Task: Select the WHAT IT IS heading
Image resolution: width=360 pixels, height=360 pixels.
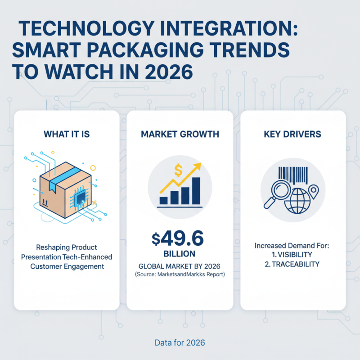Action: [x=67, y=134]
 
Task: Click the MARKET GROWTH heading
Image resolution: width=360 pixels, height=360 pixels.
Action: [x=180, y=134]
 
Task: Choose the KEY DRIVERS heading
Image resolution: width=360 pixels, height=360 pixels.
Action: [x=293, y=134]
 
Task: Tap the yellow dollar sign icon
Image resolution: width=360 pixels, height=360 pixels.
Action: [x=178, y=171]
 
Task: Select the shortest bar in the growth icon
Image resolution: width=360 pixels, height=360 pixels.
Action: [x=164, y=200]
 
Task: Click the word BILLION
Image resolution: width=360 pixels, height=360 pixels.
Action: [x=180, y=253]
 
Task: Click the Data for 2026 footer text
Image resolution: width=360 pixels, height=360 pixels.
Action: [x=180, y=343]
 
